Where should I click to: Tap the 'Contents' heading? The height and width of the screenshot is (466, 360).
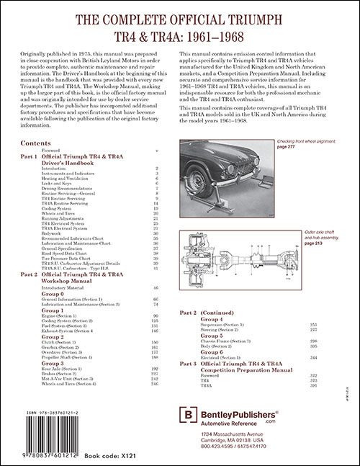pyautogui.click(x=35, y=143)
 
